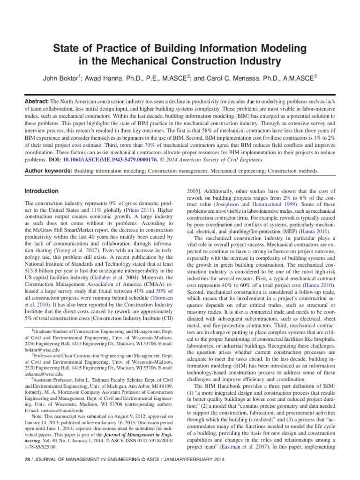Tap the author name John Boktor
pyautogui.click(x=63, y=78)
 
